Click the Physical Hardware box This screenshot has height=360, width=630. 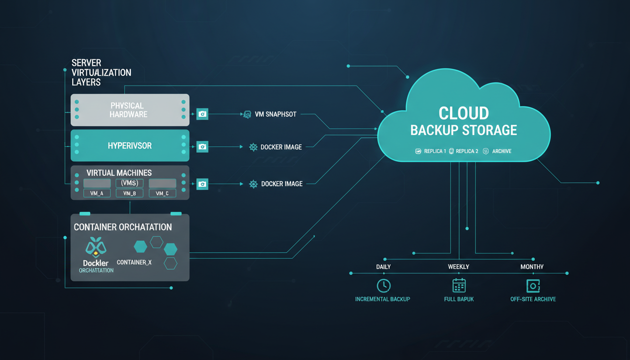coord(130,110)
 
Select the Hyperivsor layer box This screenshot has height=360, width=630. coord(130,146)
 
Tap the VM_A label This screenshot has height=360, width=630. coord(97,193)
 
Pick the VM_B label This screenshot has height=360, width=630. coord(129,193)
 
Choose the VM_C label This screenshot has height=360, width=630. coord(162,193)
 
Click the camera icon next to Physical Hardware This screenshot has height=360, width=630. coord(202,114)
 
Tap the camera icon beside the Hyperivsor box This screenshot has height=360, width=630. coord(202,147)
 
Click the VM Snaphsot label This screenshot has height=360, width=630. coord(275,114)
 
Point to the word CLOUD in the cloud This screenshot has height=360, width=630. coord(464,113)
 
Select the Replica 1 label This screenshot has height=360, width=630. coord(435,151)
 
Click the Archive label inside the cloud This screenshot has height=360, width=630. coord(502,151)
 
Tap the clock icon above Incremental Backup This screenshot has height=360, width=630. coord(383,285)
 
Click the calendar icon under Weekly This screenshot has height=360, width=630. coord(459,285)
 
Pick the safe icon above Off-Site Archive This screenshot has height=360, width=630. coord(533,285)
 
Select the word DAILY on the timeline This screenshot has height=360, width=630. coord(383,267)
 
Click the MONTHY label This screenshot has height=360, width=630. coord(532,267)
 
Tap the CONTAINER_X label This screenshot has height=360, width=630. coord(134,262)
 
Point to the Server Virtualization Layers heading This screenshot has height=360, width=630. coord(101,72)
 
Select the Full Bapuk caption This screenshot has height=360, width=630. coord(459,299)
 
